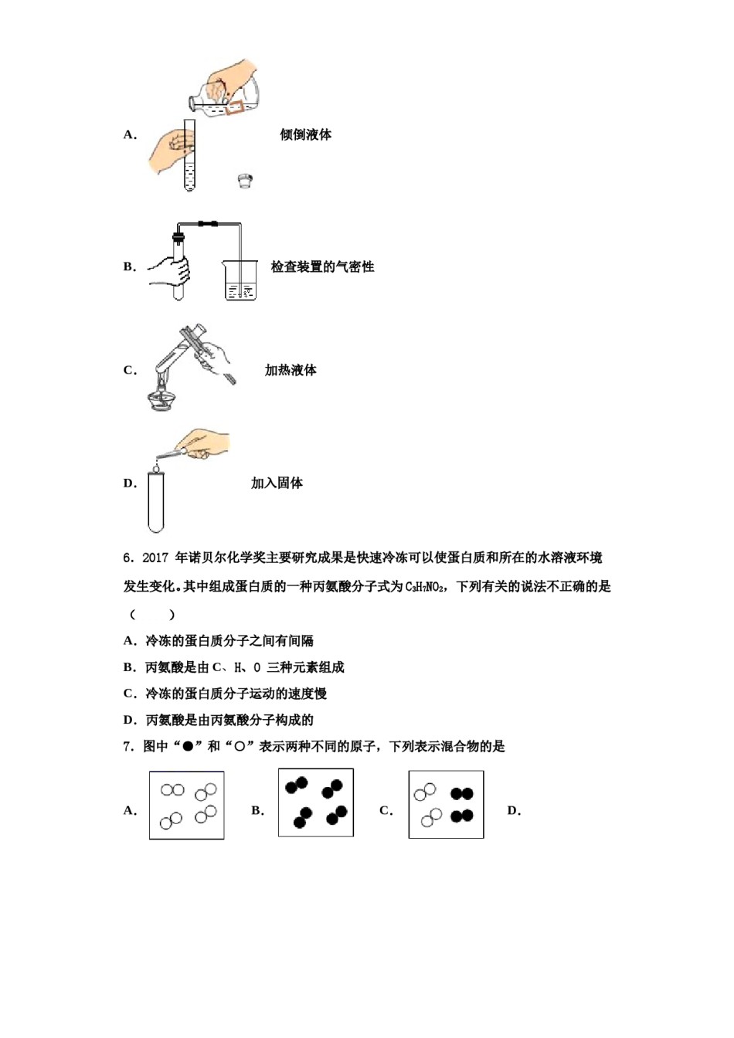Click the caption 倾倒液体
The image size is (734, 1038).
(305, 134)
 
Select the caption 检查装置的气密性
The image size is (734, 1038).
(322, 267)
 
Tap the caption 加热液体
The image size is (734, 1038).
(291, 371)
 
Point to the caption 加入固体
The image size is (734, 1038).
(277, 483)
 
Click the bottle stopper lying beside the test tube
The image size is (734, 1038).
(245, 181)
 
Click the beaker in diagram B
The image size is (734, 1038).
(240, 280)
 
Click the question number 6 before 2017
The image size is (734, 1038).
(128, 558)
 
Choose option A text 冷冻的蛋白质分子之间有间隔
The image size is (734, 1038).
(229, 641)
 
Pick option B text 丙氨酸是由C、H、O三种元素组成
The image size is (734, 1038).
(244, 667)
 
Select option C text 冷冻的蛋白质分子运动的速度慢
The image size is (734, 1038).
(236, 694)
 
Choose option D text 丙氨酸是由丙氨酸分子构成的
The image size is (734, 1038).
(229, 720)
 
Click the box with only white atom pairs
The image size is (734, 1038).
(187, 805)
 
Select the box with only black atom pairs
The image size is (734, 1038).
(316, 802)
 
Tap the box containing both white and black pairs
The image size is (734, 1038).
(446, 804)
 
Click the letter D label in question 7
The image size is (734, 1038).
(514, 811)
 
